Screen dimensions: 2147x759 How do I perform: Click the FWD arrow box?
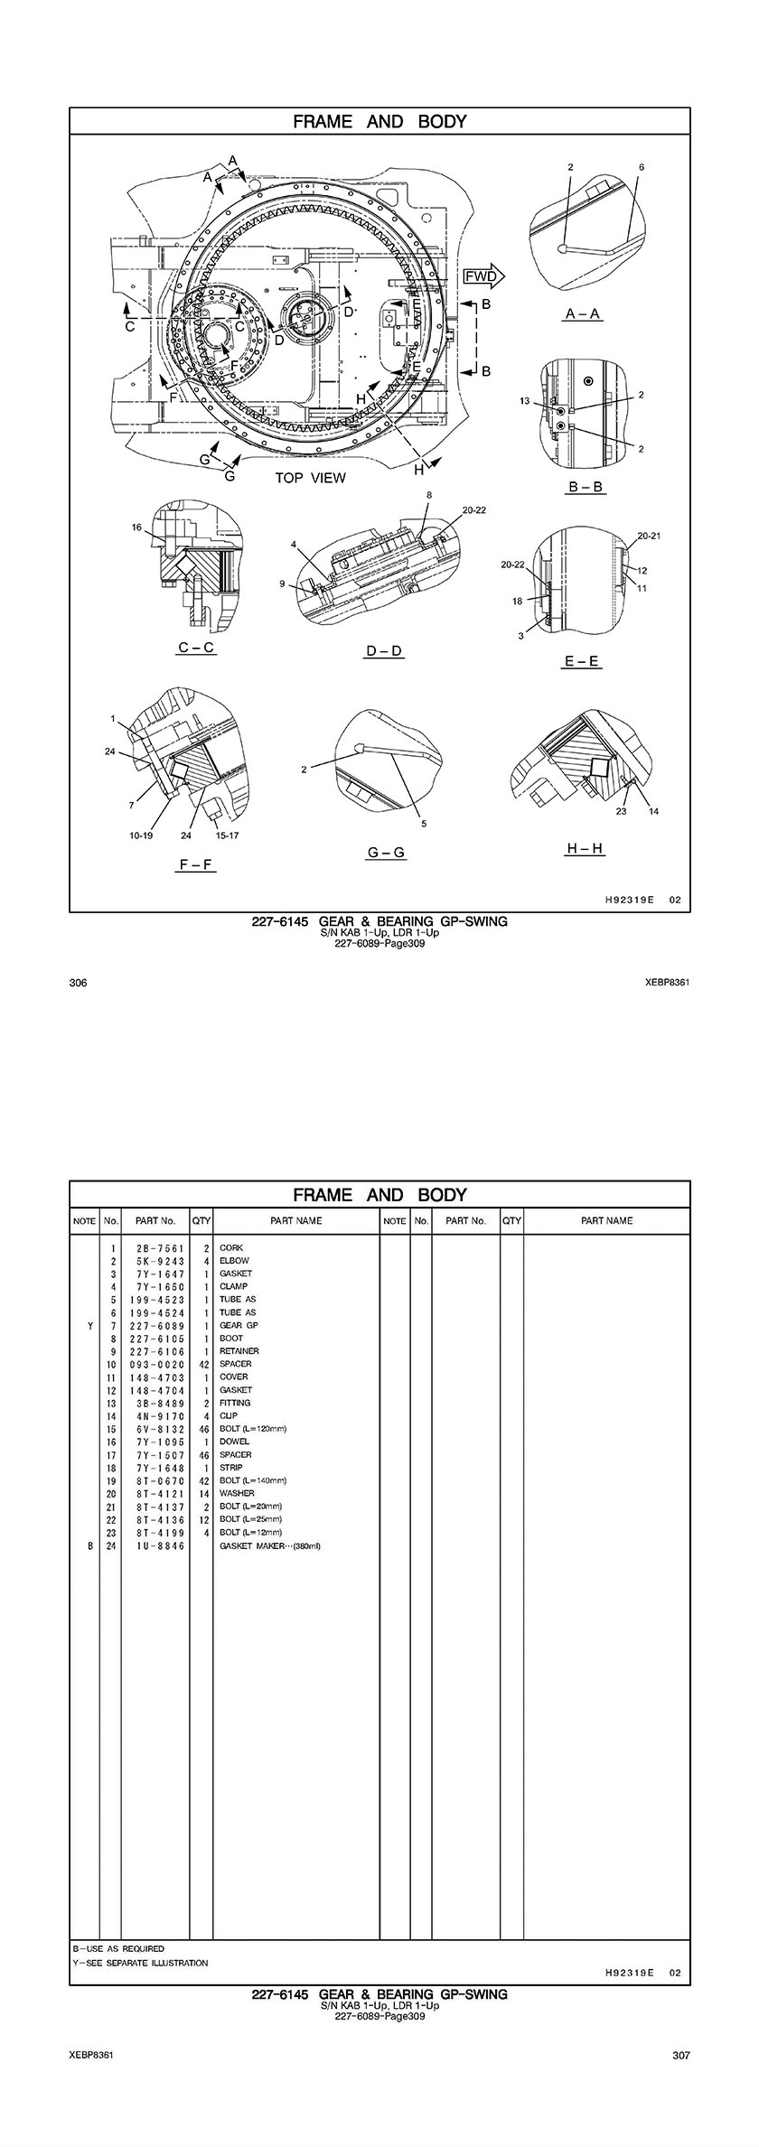click(x=483, y=276)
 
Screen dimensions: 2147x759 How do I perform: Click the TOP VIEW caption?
click(x=310, y=478)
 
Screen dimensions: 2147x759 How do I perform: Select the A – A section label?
click(x=583, y=313)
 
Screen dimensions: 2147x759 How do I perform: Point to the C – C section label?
click(x=195, y=648)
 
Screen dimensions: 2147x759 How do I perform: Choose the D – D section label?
click(x=384, y=650)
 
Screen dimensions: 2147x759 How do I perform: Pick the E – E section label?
click(x=582, y=661)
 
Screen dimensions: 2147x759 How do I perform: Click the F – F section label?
click(x=195, y=864)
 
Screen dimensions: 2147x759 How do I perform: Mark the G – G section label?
click(x=385, y=852)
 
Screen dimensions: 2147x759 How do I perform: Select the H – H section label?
click(x=584, y=848)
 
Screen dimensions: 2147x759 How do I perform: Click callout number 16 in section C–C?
click(x=137, y=527)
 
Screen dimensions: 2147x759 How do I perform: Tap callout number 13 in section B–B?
click(x=524, y=401)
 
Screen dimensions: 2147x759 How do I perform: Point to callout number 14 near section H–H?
click(x=653, y=811)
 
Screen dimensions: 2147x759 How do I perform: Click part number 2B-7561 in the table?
click(x=155, y=1248)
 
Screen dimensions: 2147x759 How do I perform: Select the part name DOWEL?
click(x=234, y=1442)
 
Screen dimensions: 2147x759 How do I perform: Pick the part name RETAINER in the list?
click(x=239, y=1351)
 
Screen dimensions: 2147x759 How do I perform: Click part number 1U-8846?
click(x=155, y=1545)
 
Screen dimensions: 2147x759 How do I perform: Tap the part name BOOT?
click(x=231, y=1339)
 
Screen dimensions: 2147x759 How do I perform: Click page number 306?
click(x=78, y=983)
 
